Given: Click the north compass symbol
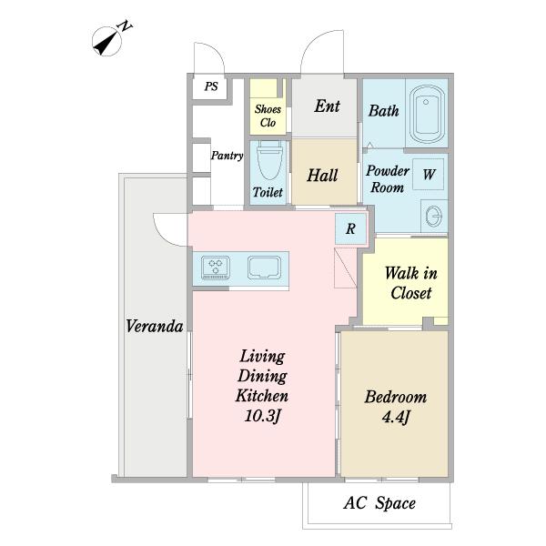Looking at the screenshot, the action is pyautogui.click(x=107, y=41).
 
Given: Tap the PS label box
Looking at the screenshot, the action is pyautogui.click(x=211, y=87).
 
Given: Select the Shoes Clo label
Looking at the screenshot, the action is pyautogui.click(x=268, y=116).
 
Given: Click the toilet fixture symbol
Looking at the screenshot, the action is pyautogui.click(x=269, y=158).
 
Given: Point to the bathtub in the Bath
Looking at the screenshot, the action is pyautogui.click(x=427, y=114).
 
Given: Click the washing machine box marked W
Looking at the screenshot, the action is pyautogui.click(x=429, y=174).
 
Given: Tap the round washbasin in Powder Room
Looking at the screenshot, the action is pyautogui.click(x=434, y=217).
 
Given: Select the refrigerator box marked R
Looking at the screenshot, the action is pyautogui.click(x=350, y=228).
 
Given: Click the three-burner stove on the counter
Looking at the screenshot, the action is pyautogui.click(x=216, y=268).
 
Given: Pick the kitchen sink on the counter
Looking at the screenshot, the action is pyautogui.click(x=264, y=268).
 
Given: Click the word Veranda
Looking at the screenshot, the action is pyautogui.click(x=155, y=327).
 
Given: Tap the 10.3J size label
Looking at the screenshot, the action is pyautogui.click(x=263, y=416).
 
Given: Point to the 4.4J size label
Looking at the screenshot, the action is pyautogui.click(x=396, y=417).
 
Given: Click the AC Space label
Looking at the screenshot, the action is pyautogui.click(x=379, y=503).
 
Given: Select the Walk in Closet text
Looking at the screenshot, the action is pyautogui.click(x=411, y=283).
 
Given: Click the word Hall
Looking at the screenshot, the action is pyautogui.click(x=322, y=175).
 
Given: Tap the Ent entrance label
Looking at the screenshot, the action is pyautogui.click(x=327, y=106).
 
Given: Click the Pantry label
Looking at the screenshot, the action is pyautogui.click(x=227, y=156).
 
